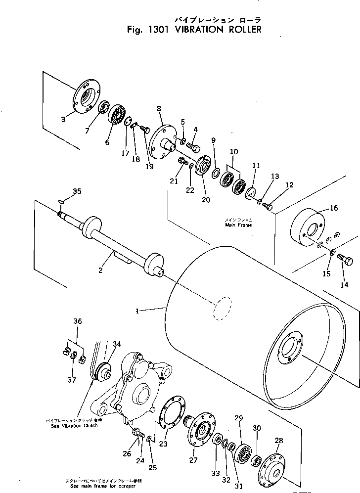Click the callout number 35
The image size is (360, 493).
coord(76,191)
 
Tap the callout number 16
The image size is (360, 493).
coord(334,208)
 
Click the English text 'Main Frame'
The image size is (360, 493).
coord(238,225)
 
